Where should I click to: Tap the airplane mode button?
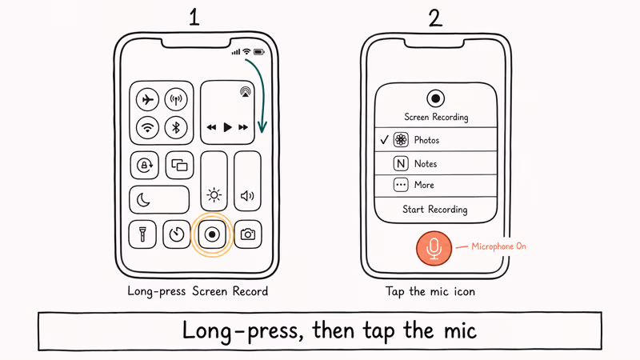click(146, 100)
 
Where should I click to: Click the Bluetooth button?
click(176, 126)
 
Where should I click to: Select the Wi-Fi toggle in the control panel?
click(146, 126)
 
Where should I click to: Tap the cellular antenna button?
click(176, 100)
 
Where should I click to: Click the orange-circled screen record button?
click(212, 234)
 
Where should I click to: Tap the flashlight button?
click(142, 234)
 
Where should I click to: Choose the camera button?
click(248, 234)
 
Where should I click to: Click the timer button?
click(176, 234)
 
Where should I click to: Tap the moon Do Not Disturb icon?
click(144, 199)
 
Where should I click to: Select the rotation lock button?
click(144, 166)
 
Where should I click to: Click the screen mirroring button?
click(179, 166)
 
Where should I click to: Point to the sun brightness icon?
click(214, 194)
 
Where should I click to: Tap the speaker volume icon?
click(247, 195)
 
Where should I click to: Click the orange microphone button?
click(434, 248)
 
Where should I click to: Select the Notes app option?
click(426, 164)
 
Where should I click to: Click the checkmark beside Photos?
click(383, 140)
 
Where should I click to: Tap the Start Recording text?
click(435, 210)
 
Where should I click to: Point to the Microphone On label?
click(498, 246)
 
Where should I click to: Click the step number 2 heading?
click(434, 18)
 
